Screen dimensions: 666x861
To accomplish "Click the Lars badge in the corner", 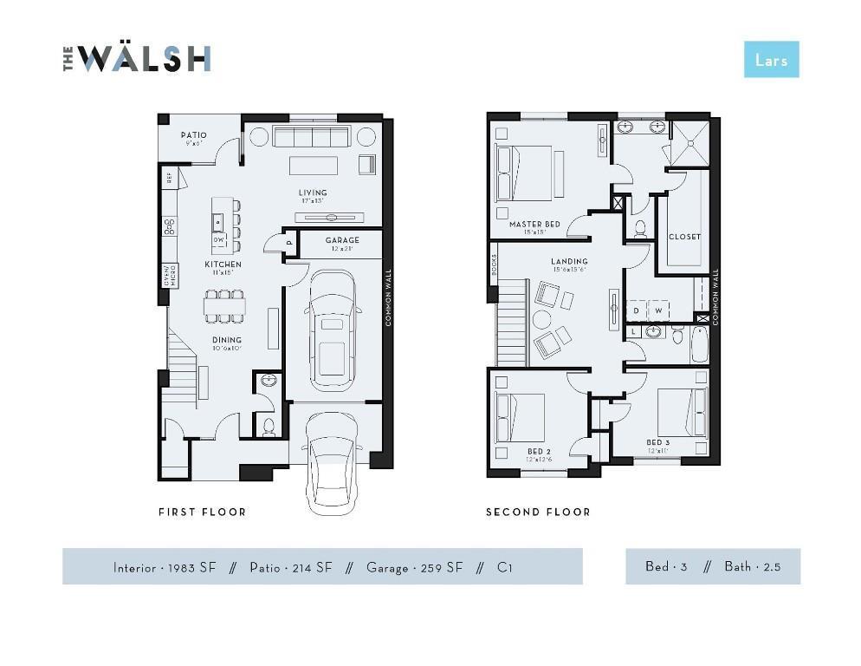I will pos(771,59).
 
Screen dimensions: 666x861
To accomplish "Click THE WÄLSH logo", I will pos(137,58).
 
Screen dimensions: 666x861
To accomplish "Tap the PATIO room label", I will pos(193,135).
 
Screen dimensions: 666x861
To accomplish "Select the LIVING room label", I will pos(313,193).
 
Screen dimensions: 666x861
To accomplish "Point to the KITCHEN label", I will pos(223,264).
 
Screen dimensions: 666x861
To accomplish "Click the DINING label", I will pos(226,340).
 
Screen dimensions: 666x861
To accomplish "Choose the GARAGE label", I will pos(342,240).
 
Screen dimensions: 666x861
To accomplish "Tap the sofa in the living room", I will pos(311,137).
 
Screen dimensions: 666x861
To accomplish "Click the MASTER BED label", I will pos(534,224).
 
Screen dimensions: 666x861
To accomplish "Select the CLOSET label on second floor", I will pos(684,236).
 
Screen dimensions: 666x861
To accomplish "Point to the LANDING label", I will pos(569,261).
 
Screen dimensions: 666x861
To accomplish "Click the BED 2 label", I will pos(539,451).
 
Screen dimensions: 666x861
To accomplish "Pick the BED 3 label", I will pos(658,442).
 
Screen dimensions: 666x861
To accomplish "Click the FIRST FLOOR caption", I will pos(202,512).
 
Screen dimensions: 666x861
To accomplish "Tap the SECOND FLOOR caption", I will pos(538,512).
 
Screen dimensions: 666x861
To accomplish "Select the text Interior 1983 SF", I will pos(165,567).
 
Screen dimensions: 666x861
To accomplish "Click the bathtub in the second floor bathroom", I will pos(700,344).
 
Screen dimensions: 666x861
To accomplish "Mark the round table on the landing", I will pos(541,319).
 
